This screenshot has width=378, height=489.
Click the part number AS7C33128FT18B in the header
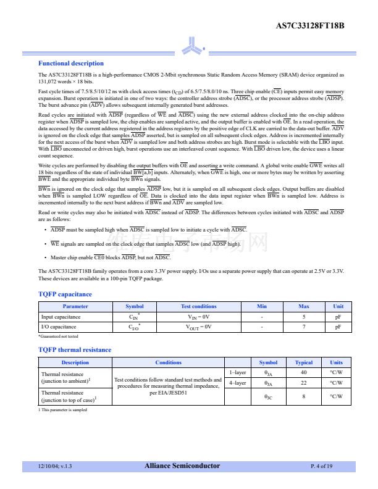tap(309, 26)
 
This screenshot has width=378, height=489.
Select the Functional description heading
tap(70, 64)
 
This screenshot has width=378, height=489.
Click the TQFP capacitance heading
tap(65, 295)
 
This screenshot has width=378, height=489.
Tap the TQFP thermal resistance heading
tap(75, 350)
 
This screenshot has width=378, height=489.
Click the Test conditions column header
tap(198, 306)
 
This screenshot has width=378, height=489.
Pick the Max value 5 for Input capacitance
tap(304, 317)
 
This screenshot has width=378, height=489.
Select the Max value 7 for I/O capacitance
tap(304, 327)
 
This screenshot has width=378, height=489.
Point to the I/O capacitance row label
tap(59, 327)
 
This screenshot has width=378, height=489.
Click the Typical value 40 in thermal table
tap(304, 372)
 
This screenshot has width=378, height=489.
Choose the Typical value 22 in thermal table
tap(304, 383)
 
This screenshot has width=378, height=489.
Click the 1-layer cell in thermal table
tap(238, 372)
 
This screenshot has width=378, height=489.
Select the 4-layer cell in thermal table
tap(238, 383)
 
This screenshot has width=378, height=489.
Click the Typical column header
tap(304, 362)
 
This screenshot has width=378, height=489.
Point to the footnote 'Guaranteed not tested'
tap(59, 336)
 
